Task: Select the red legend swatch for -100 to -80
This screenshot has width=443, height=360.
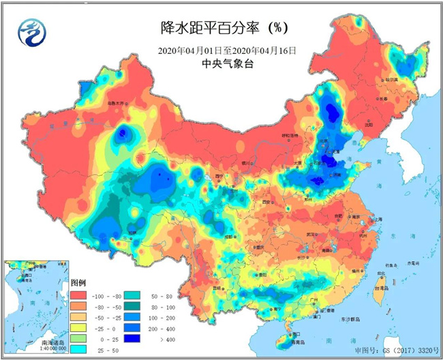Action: (x=78, y=297)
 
